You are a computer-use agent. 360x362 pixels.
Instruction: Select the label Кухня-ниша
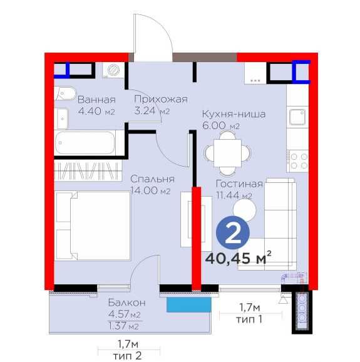click(x=234, y=115)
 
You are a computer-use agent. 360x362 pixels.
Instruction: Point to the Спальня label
click(x=152, y=179)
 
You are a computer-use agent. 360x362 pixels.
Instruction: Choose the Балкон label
click(x=123, y=302)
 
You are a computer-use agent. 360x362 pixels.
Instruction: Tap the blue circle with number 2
click(x=233, y=234)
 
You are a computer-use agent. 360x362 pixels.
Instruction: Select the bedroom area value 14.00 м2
click(x=152, y=191)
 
